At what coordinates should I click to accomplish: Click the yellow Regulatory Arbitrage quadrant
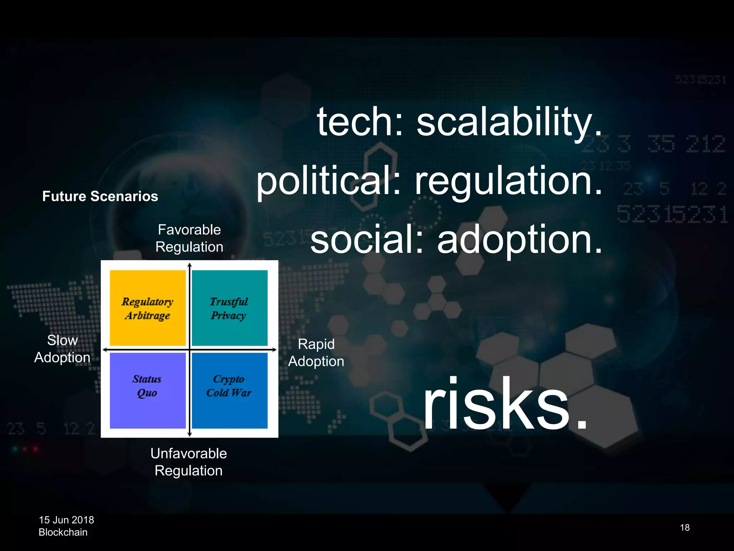(x=147, y=308)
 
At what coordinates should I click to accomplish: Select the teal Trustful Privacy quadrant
(x=229, y=308)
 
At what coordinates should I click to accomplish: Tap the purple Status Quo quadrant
(x=147, y=390)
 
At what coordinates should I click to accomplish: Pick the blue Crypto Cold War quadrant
(x=229, y=390)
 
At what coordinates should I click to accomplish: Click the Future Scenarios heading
(x=100, y=196)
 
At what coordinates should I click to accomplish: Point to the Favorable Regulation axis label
(x=189, y=238)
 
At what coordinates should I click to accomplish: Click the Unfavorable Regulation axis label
(x=189, y=462)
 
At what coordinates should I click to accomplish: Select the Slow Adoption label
(x=62, y=349)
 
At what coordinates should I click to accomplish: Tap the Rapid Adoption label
(x=316, y=353)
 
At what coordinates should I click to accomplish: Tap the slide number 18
(x=685, y=527)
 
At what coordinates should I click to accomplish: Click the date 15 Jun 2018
(x=66, y=520)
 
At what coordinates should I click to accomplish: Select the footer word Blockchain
(x=63, y=532)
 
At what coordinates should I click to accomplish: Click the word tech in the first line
(x=359, y=122)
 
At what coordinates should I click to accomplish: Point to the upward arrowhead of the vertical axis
(x=190, y=265)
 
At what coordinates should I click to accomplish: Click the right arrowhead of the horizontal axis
(x=274, y=349)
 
